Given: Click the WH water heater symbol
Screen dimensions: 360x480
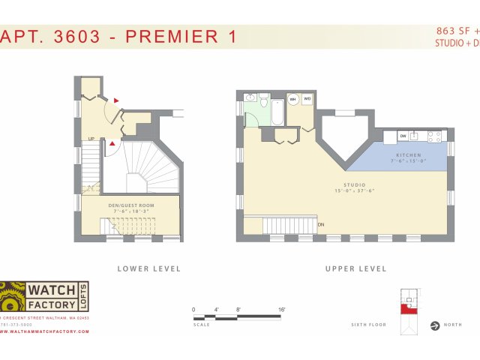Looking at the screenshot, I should pos(293,100).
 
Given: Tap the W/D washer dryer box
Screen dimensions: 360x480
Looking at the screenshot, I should pos(307,100).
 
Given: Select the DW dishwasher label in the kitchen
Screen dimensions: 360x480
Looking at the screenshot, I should pos(403,136).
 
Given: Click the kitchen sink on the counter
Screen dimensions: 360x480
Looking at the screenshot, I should pos(413,136).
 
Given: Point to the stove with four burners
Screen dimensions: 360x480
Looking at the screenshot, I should pos(434,136).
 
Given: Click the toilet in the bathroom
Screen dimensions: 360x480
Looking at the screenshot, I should pos(250,98).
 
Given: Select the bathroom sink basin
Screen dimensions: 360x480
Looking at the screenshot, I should pos(264,99).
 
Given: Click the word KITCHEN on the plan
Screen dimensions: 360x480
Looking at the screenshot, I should pos(407,154).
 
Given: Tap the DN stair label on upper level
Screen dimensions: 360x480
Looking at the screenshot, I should pos(321,224).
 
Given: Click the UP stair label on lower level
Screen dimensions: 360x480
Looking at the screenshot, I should pos(91,139).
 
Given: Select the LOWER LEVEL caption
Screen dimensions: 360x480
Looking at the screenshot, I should pos(149,268).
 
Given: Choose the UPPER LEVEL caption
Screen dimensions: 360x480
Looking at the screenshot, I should pos(355,268).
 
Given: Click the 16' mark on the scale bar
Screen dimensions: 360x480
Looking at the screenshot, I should pos(281,309).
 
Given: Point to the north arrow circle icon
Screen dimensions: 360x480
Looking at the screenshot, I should pos(434,325).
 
